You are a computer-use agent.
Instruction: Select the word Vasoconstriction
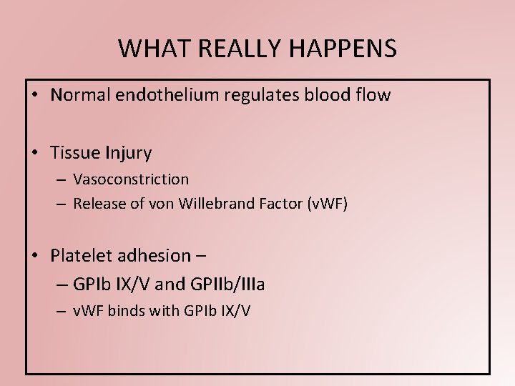131,179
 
